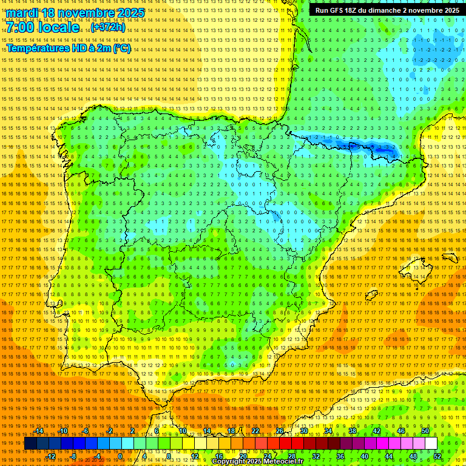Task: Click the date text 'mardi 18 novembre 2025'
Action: point(75,13)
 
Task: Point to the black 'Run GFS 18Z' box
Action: point(387,10)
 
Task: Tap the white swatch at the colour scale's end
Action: point(431,444)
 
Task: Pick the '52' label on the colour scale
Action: point(437,456)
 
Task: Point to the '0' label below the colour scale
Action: point(121,456)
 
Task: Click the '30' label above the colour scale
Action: point(303,431)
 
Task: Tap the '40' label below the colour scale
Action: point(364,456)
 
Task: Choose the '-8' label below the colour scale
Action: point(73,456)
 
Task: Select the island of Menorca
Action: point(450,257)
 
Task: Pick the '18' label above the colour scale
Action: point(231,431)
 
